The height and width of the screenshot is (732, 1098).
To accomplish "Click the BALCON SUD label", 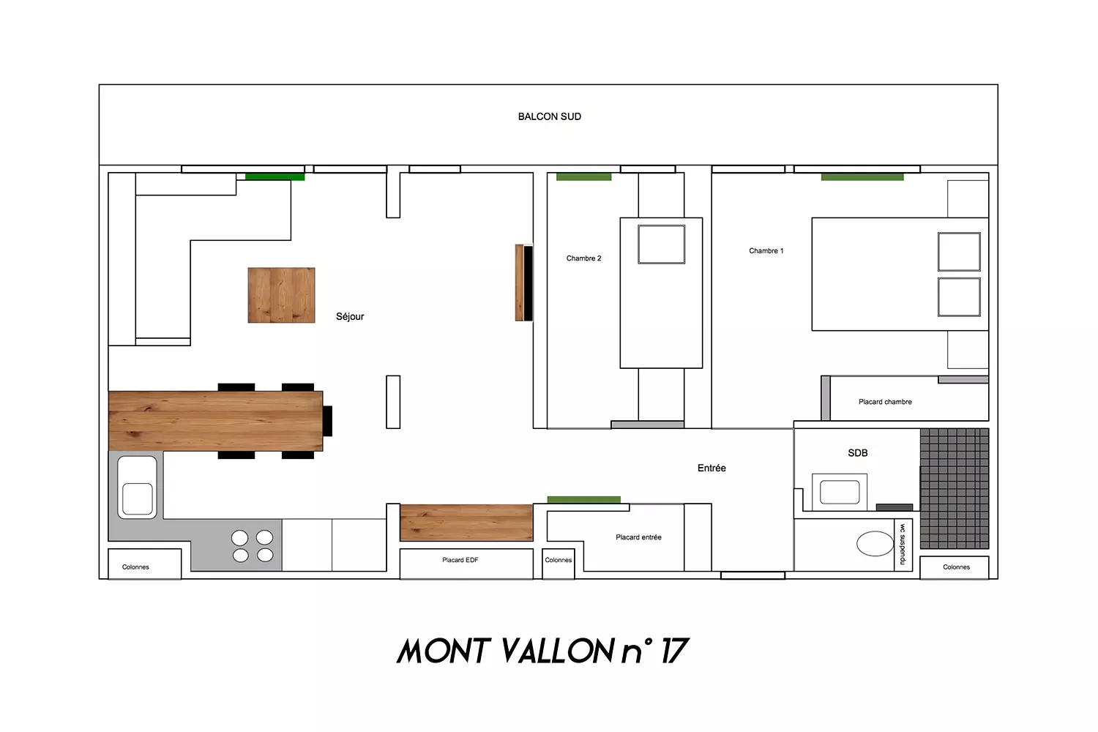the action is [x=550, y=116].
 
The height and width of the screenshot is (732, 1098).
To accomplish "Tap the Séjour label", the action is [x=350, y=317].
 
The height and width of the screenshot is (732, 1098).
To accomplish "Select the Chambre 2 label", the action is [x=583, y=258].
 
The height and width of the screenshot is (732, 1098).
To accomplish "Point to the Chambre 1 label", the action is [x=766, y=250].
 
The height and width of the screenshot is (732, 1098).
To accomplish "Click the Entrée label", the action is [x=712, y=468].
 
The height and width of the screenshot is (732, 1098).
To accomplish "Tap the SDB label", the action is [x=858, y=453].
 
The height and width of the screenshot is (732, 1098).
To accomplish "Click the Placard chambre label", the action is [x=885, y=402].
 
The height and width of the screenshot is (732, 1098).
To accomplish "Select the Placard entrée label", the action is [x=639, y=537].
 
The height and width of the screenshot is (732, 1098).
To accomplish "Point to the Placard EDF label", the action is [x=460, y=560].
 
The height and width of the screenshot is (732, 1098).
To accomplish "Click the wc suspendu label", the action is [x=903, y=544].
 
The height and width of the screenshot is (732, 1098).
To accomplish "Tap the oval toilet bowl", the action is [x=875, y=543].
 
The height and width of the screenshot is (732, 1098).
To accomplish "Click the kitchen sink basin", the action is [x=138, y=498].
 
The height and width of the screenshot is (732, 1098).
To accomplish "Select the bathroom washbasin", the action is [x=840, y=492].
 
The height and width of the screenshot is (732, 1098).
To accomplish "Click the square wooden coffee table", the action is [x=281, y=295].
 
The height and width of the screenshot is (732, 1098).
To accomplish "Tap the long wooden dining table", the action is [x=216, y=421].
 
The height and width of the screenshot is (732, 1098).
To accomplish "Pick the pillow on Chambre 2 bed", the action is [x=661, y=244].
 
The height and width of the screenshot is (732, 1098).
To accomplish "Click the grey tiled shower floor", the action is [x=955, y=488].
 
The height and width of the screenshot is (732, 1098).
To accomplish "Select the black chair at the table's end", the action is [x=327, y=421].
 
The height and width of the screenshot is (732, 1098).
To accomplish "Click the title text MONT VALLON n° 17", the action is [x=543, y=651].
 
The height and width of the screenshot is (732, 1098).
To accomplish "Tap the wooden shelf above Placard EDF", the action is [x=466, y=523].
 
